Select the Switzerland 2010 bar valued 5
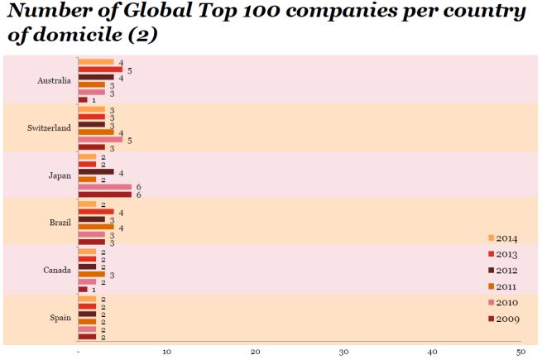tap(99, 139)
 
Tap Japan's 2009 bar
tap(104, 194)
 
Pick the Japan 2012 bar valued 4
tap(95, 171)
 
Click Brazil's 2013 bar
tap(95, 211)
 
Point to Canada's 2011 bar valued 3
tap(91, 274)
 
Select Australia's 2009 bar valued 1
tap(82, 100)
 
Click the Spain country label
tap(60, 318)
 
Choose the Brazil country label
tap(60, 223)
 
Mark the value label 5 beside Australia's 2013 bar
tap(130, 71)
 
